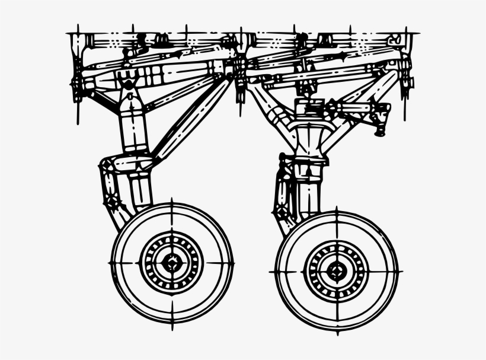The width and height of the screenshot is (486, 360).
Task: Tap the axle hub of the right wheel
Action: (x=337, y=272)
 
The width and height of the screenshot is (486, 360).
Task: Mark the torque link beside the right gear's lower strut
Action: (x=281, y=196)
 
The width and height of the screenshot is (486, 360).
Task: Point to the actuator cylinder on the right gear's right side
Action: (x=362, y=109)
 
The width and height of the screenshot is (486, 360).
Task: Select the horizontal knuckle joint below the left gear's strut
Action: (x=127, y=164)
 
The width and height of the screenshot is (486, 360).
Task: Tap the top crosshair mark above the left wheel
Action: (x=172, y=205)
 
